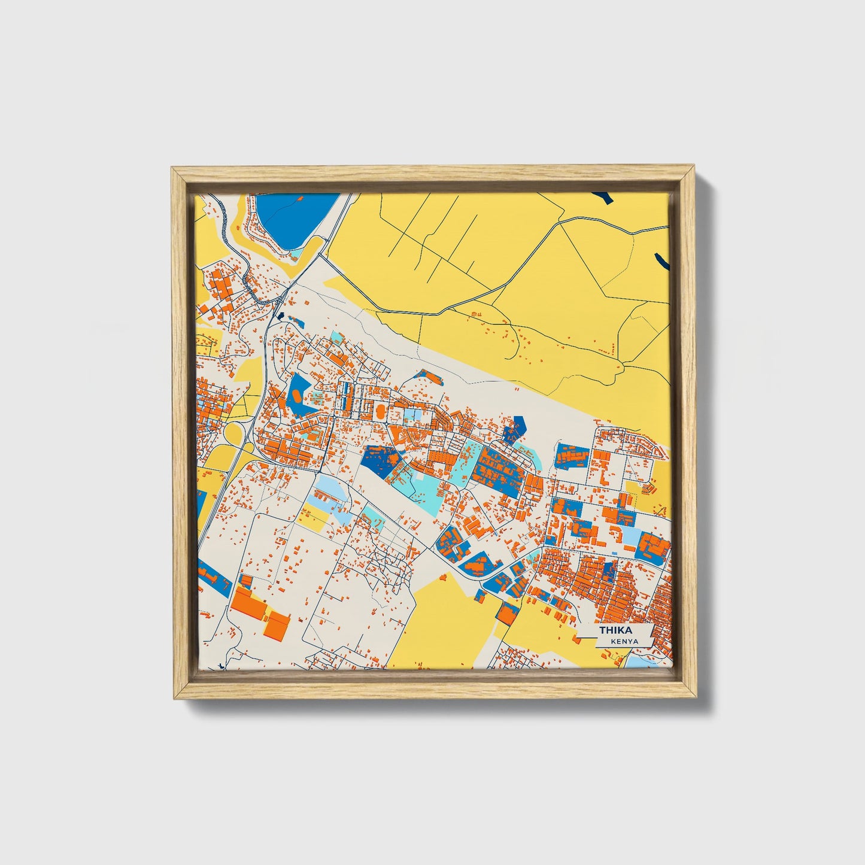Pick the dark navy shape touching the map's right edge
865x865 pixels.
point(662,260)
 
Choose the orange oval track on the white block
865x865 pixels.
point(380,412)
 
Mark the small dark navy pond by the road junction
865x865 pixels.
point(277,313)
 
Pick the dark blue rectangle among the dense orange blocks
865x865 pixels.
point(609,570)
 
